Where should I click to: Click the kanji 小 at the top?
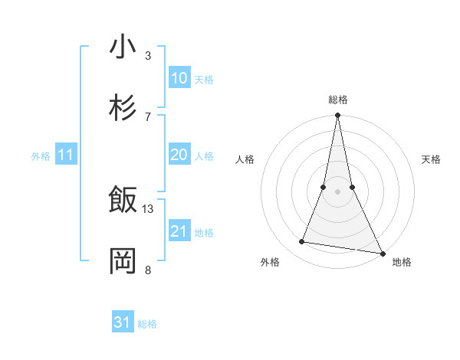coord(123,47)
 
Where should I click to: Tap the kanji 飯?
coord(123,201)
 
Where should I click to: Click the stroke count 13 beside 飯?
coord(148,208)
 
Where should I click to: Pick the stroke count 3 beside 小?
coord(148,55)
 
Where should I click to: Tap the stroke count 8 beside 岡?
coord(148,269)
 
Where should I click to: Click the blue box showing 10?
coord(179,78)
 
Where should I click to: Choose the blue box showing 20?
coord(179,155)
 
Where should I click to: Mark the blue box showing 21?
coord(179,231)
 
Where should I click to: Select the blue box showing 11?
coord(66,155)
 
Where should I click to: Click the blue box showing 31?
coord(123,322)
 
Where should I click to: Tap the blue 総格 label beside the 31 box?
coord(147,324)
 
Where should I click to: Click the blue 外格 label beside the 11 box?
coord(41,156)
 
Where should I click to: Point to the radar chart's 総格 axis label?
coord(338,100)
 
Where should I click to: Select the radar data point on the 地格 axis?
coord(382,252)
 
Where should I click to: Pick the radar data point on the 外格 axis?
coord(302,242)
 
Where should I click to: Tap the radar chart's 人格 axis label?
coord(245,159)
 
